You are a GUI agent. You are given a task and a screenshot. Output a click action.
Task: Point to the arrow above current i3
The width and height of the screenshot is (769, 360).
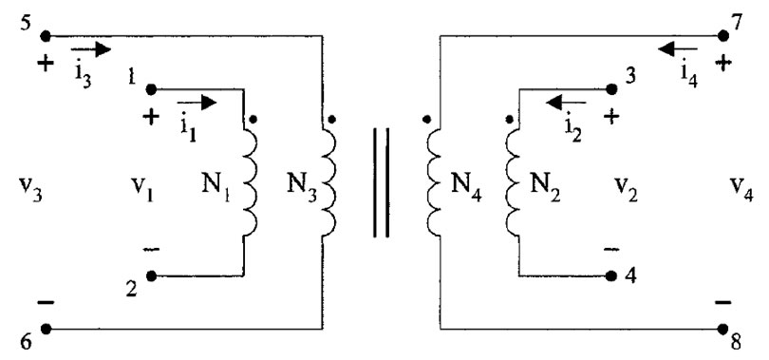point(93,47)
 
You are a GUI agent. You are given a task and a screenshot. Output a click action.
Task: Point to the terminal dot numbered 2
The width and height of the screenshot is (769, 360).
point(150,277)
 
